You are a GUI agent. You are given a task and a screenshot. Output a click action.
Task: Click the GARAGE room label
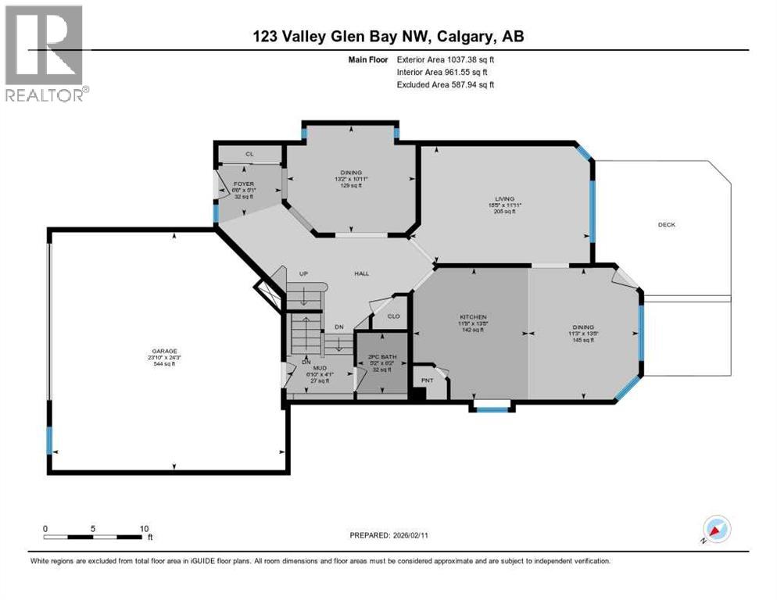[x=164, y=351]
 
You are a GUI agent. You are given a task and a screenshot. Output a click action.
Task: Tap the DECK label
[x=666, y=225]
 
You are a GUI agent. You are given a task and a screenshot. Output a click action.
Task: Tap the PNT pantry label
[x=427, y=380]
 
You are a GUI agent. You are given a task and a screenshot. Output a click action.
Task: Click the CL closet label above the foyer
[x=249, y=154]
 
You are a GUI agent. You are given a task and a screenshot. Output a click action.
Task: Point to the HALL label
[x=361, y=273]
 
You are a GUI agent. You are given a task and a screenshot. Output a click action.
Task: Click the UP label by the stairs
[x=306, y=273]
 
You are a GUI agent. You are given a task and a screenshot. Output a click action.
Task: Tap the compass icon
[x=715, y=530]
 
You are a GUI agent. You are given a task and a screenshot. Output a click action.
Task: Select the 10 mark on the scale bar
[x=145, y=528]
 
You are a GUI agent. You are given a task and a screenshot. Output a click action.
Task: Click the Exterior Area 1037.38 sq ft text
[x=446, y=59]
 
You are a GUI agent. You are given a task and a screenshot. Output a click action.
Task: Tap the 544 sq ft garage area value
[x=164, y=364]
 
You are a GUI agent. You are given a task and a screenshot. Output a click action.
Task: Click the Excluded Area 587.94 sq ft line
[x=446, y=84]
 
